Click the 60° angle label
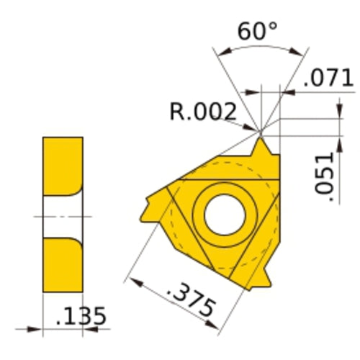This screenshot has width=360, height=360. (257, 31)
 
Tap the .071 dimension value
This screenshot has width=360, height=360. (328, 78)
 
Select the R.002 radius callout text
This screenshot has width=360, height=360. (203, 112)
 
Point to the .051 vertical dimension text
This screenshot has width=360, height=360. (325, 176)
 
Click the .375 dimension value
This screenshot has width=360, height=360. (190, 299)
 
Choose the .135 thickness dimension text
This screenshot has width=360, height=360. (81, 316)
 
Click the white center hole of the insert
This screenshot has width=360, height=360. (225, 215)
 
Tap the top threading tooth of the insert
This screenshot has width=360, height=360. (261, 147)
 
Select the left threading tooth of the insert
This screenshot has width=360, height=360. (153, 207)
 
